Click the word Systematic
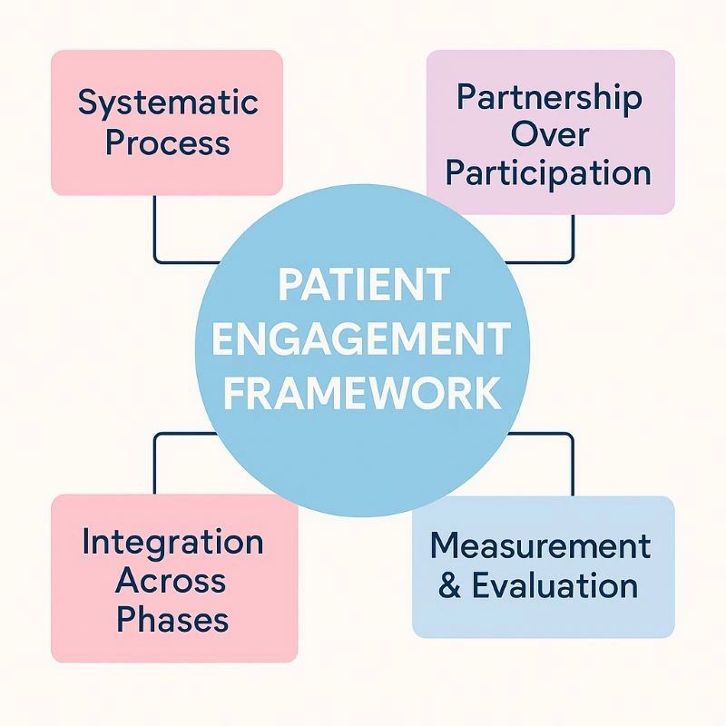[x=168, y=103]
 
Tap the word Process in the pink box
[x=168, y=143]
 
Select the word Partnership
[x=550, y=98]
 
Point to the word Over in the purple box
[x=550, y=134]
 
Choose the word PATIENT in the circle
[x=363, y=285]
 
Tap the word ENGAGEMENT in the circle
[x=363, y=339]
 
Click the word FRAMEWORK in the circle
[x=363, y=395]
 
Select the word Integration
[x=172, y=543]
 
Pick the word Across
[x=172, y=581]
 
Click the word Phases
[x=172, y=620]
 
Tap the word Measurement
[x=541, y=546]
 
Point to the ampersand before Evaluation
[x=448, y=586]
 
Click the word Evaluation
[x=554, y=586]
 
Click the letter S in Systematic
[x=88, y=103]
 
